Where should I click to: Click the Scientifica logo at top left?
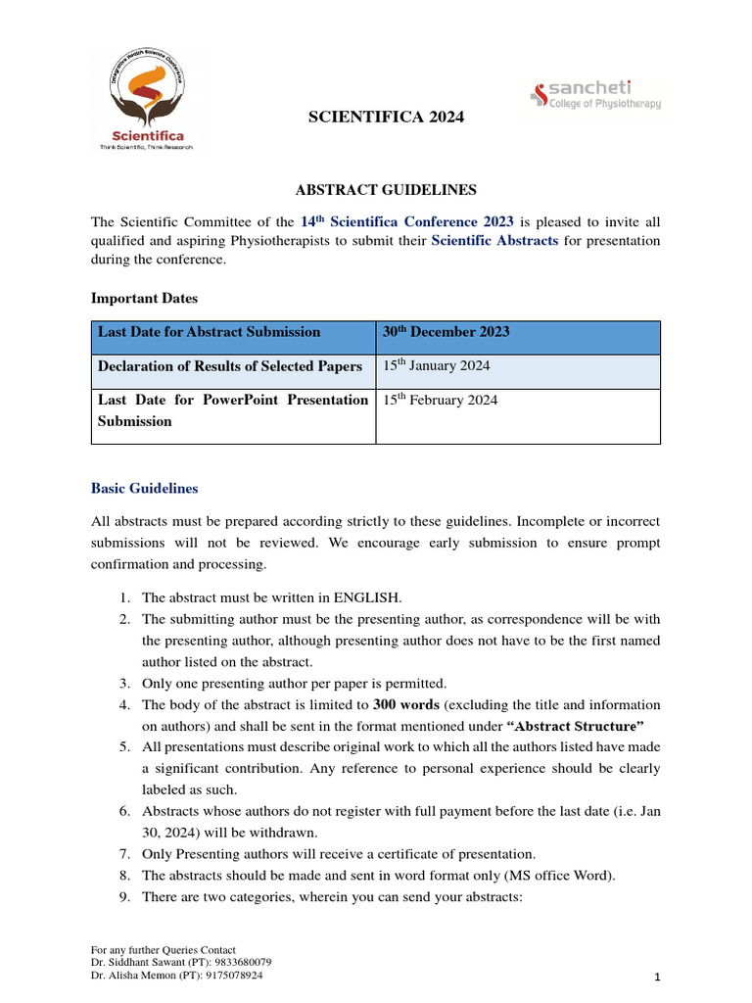click(x=147, y=101)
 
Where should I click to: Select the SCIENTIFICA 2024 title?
click(x=373, y=118)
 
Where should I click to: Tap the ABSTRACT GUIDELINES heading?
click(x=373, y=189)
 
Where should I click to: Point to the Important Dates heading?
click(x=146, y=298)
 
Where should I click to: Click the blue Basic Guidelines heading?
click(x=144, y=488)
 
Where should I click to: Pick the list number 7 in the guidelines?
click(x=125, y=854)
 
